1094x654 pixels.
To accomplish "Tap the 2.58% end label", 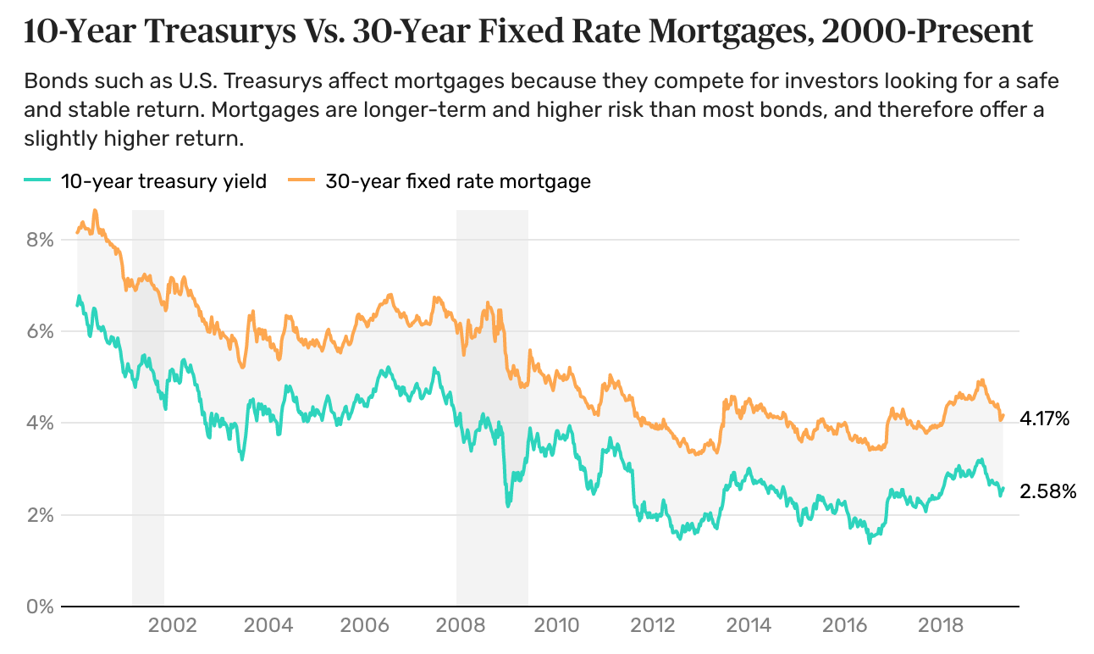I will pos(1048,491).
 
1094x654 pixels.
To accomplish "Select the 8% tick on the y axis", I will pos(41,240).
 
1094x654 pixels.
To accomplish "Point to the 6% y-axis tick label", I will pos(41,331).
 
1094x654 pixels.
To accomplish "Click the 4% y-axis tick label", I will pos(41,423).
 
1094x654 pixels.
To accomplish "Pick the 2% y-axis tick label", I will pos(41,515).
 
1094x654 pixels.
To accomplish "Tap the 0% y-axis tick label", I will pos(41,607).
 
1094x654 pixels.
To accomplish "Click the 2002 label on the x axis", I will pos(172,627).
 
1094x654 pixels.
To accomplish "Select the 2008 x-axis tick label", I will pos(461,627).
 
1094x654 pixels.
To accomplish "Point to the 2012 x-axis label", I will pos(653,627).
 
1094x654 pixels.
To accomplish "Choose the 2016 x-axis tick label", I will pos(845,627).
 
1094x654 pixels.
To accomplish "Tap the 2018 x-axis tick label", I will pos(941,627).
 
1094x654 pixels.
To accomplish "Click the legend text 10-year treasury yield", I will pos(163,181).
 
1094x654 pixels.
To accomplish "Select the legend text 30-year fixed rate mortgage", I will pos(458,181).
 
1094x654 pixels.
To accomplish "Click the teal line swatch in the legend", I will pos(38,181).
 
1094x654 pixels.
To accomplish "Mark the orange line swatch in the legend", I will pos(302,181).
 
